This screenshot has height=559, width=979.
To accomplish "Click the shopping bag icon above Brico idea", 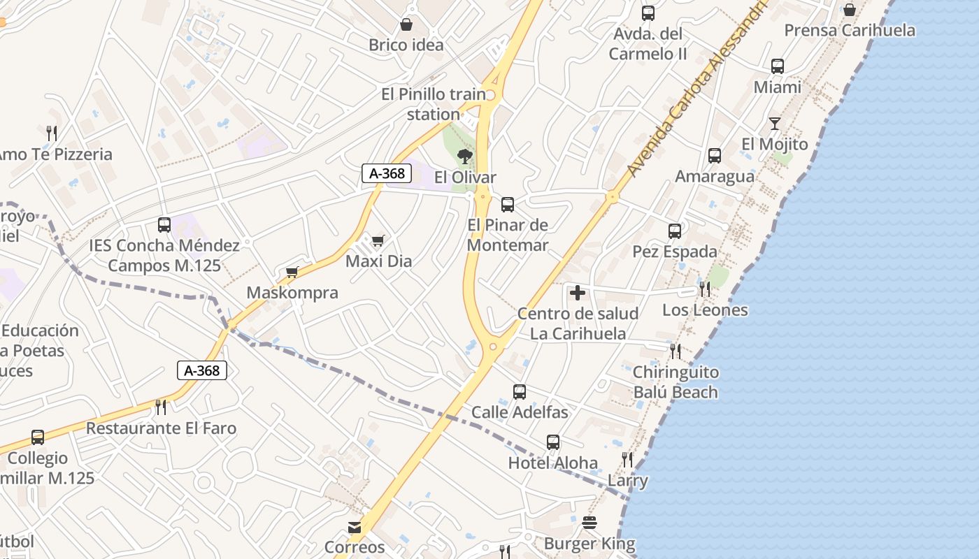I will (406, 25).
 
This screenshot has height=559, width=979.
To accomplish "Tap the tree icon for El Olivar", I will (464, 157).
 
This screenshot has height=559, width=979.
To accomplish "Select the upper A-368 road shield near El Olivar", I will (386, 173).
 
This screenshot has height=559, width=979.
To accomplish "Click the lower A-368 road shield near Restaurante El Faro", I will (201, 370).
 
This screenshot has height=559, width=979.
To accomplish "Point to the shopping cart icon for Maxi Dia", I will (378, 241).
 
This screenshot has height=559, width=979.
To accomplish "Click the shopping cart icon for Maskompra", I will (292, 273).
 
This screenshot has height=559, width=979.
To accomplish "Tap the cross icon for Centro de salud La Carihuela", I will (578, 293).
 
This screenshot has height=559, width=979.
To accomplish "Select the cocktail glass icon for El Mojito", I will (774, 124).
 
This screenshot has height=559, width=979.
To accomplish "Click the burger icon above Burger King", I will (589, 523).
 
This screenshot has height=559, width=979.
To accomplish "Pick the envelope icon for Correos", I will (355, 527).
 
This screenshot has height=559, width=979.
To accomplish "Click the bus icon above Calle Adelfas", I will (519, 392).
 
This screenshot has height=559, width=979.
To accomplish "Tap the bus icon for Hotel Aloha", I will (552, 442).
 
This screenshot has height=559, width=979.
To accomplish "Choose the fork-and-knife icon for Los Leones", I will (705, 289).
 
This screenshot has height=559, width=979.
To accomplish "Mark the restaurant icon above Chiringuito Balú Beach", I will (675, 351).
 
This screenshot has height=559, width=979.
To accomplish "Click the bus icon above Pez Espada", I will (674, 231).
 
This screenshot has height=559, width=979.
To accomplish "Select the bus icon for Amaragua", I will (714, 156).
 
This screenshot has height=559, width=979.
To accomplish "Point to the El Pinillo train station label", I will (433, 103).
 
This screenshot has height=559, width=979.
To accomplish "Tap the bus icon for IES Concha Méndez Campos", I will (164, 225).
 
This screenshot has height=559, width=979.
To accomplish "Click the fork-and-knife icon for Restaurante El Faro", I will (161, 407).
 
